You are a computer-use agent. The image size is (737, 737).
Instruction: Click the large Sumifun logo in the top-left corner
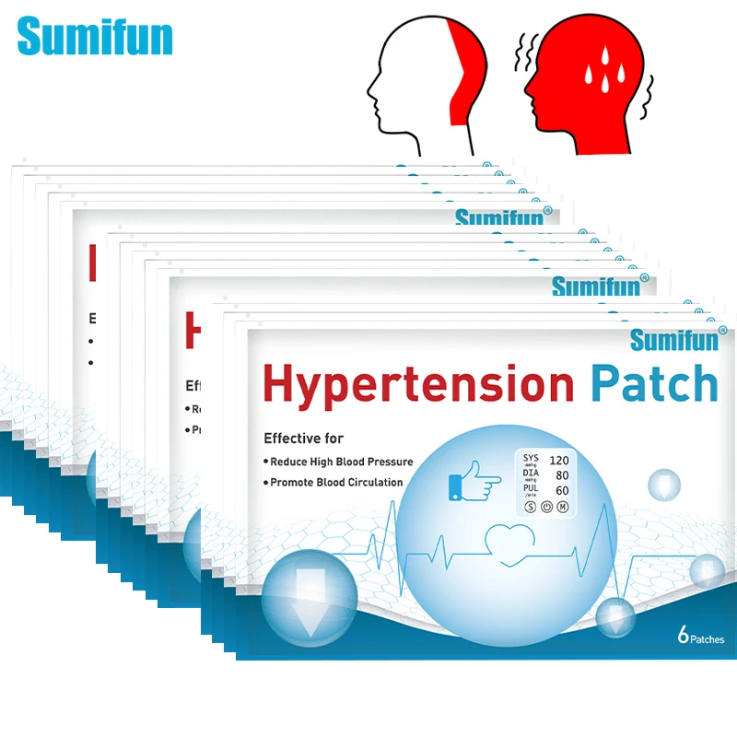point(95,37)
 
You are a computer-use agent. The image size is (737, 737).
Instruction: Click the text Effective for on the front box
point(303,439)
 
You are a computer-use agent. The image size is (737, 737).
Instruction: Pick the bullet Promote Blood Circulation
point(336,482)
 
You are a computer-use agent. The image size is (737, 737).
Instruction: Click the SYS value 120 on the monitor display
point(558,460)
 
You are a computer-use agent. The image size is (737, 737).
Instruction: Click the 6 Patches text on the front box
point(700,638)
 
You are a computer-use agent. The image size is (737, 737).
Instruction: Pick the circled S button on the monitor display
point(530,506)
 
